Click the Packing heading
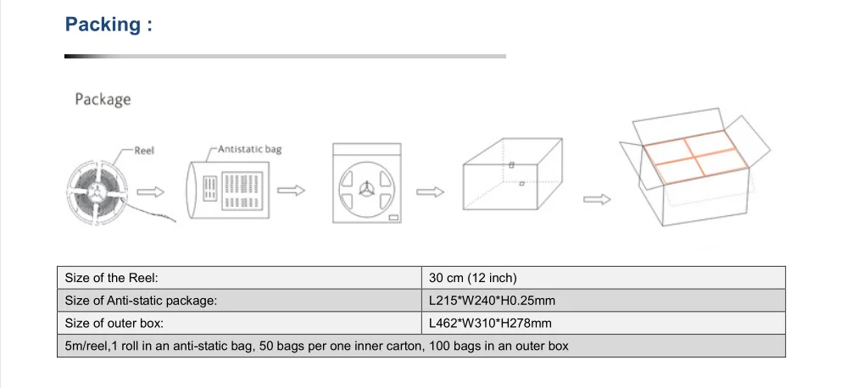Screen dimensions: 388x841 point(109,25)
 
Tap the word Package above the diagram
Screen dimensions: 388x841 point(103,100)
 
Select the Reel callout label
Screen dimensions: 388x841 point(144,151)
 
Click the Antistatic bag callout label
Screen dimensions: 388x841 point(250,149)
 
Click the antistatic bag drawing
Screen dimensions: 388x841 point(231,188)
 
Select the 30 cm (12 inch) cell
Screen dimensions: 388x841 point(473,278)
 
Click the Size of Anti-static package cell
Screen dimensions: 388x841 point(141,301)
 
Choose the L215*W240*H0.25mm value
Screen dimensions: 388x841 point(492,301)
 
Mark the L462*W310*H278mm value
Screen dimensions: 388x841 point(490,323)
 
